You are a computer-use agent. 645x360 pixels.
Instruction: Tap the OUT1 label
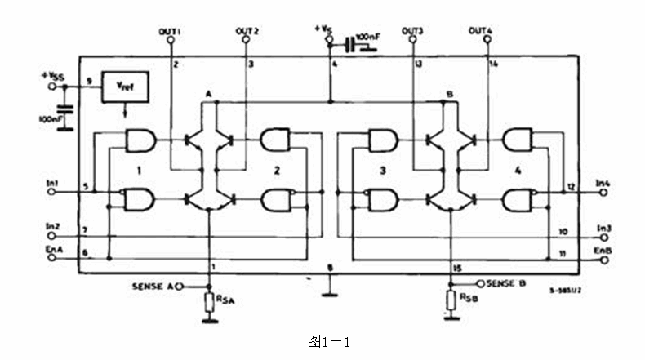click(169, 31)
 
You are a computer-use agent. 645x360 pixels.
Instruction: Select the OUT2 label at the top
click(248, 31)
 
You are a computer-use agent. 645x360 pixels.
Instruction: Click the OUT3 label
click(413, 31)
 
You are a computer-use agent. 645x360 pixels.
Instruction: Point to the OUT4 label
click(481, 31)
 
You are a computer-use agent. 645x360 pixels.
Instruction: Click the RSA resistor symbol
click(210, 302)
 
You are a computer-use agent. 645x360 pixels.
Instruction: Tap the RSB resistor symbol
click(450, 300)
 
